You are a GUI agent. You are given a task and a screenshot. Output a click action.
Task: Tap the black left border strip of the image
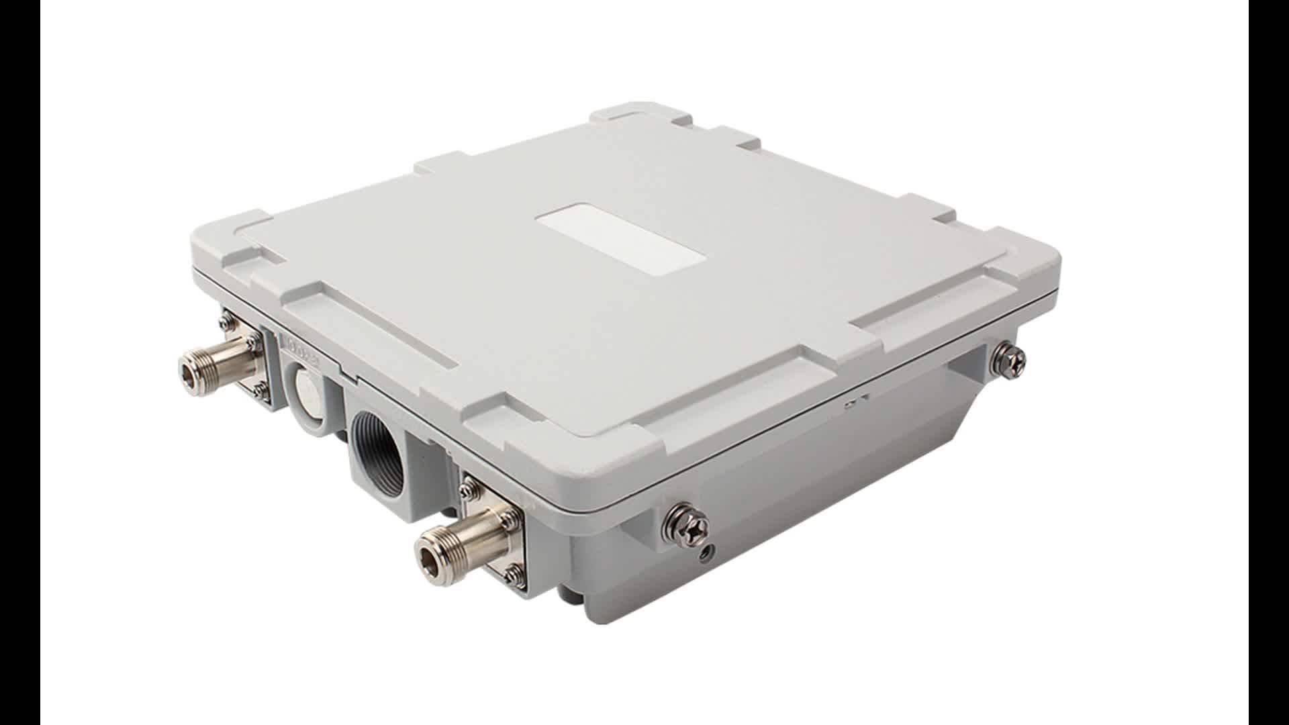(20, 362)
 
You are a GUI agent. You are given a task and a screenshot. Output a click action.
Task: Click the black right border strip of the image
(1268, 362)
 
